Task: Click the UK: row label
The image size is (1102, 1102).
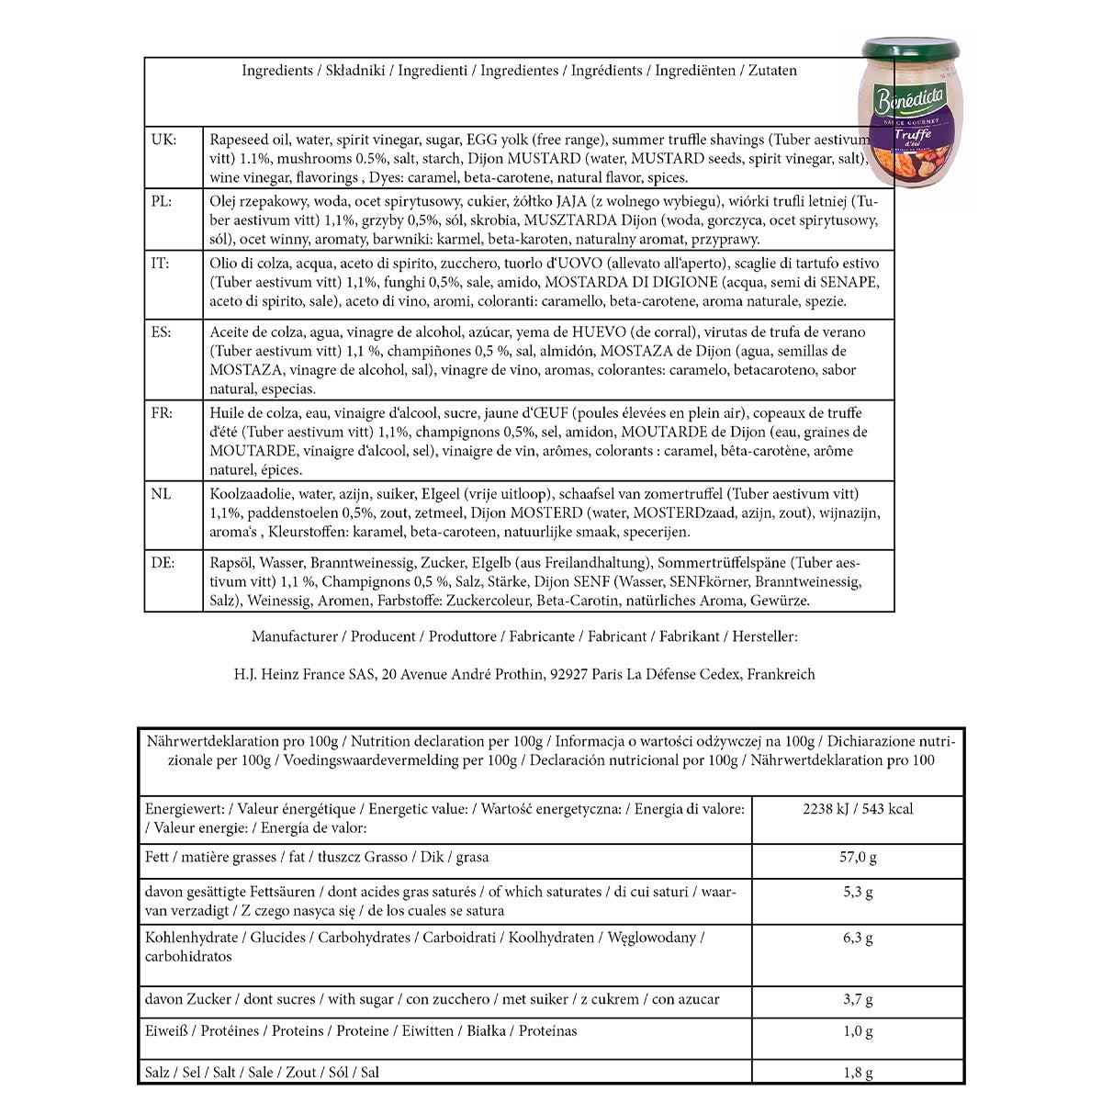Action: [x=163, y=140]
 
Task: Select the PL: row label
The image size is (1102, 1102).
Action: [x=162, y=201]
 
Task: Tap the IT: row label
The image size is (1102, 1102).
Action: [x=160, y=264]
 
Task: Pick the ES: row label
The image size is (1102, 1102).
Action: [x=161, y=332]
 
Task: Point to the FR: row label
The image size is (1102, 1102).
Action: [x=162, y=412]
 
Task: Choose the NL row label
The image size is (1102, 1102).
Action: [x=161, y=494]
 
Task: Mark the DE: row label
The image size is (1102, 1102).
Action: [x=163, y=562]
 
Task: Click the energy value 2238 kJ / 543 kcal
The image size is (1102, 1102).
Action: [x=858, y=809]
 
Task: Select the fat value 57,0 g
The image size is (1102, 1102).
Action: [x=858, y=857]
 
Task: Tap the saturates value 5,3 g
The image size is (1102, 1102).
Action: [x=858, y=892]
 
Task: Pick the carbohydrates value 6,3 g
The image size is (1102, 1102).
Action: [x=858, y=938]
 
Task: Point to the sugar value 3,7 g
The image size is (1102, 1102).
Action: [x=858, y=999]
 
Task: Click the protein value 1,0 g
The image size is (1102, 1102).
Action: [x=858, y=1030]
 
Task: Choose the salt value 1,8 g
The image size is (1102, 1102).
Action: [x=858, y=1072]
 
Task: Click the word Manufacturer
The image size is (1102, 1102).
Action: [x=295, y=636]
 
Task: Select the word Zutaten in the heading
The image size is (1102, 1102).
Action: [x=772, y=71]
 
